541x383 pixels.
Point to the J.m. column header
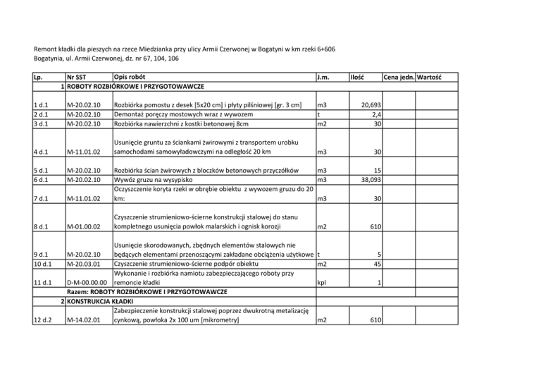325,76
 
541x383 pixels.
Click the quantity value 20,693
371,105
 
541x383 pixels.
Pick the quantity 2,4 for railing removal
376,114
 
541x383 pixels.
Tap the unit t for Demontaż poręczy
320,114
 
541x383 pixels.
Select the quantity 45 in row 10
377,264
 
